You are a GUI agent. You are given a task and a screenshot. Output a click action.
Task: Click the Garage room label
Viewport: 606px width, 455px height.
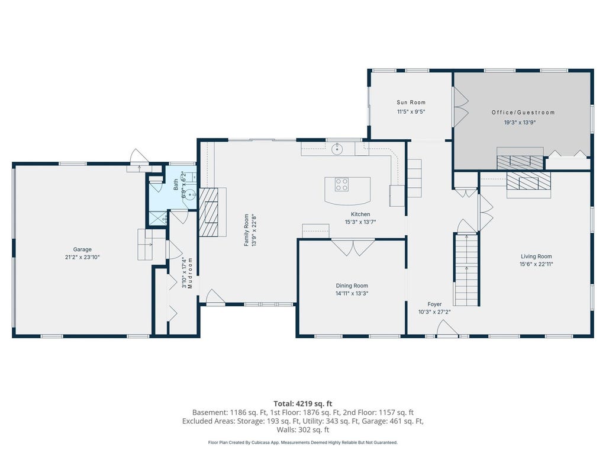click(82, 249)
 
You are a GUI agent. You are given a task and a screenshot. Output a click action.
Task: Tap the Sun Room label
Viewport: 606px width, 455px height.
click(411, 102)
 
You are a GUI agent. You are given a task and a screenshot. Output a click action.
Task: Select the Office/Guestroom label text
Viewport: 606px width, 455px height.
click(523, 113)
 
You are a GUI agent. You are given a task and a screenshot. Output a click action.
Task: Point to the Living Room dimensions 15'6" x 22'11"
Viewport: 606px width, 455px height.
click(536, 264)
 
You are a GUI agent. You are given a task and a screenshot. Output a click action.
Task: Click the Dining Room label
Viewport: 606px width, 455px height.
click(352, 286)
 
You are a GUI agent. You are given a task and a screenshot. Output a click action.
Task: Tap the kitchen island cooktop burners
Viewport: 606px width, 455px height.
click(341, 184)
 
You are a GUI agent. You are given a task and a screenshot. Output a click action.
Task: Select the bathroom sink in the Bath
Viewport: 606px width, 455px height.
click(189, 194)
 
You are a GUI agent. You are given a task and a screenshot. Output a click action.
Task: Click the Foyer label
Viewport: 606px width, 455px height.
click(434, 305)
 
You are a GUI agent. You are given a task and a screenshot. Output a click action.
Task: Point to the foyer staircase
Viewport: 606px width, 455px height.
click(466, 270)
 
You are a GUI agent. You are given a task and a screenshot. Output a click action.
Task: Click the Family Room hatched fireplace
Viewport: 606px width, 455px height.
click(208, 213)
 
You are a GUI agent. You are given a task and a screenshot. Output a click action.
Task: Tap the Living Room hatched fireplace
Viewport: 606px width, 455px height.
click(528, 181)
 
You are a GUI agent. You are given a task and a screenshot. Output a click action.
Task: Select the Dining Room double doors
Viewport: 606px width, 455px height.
click(353, 248)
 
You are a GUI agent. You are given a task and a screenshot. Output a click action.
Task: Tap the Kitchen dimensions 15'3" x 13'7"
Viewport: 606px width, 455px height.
click(360, 222)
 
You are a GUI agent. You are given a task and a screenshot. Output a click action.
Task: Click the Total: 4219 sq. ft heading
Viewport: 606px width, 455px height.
click(303, 404)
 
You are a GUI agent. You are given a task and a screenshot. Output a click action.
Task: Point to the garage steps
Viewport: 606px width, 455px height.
click(151, 245)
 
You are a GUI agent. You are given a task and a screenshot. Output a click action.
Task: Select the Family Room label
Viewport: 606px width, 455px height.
click(246, 230)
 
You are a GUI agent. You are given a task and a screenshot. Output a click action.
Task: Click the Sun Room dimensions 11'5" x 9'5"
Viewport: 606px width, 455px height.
click(411, 112)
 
